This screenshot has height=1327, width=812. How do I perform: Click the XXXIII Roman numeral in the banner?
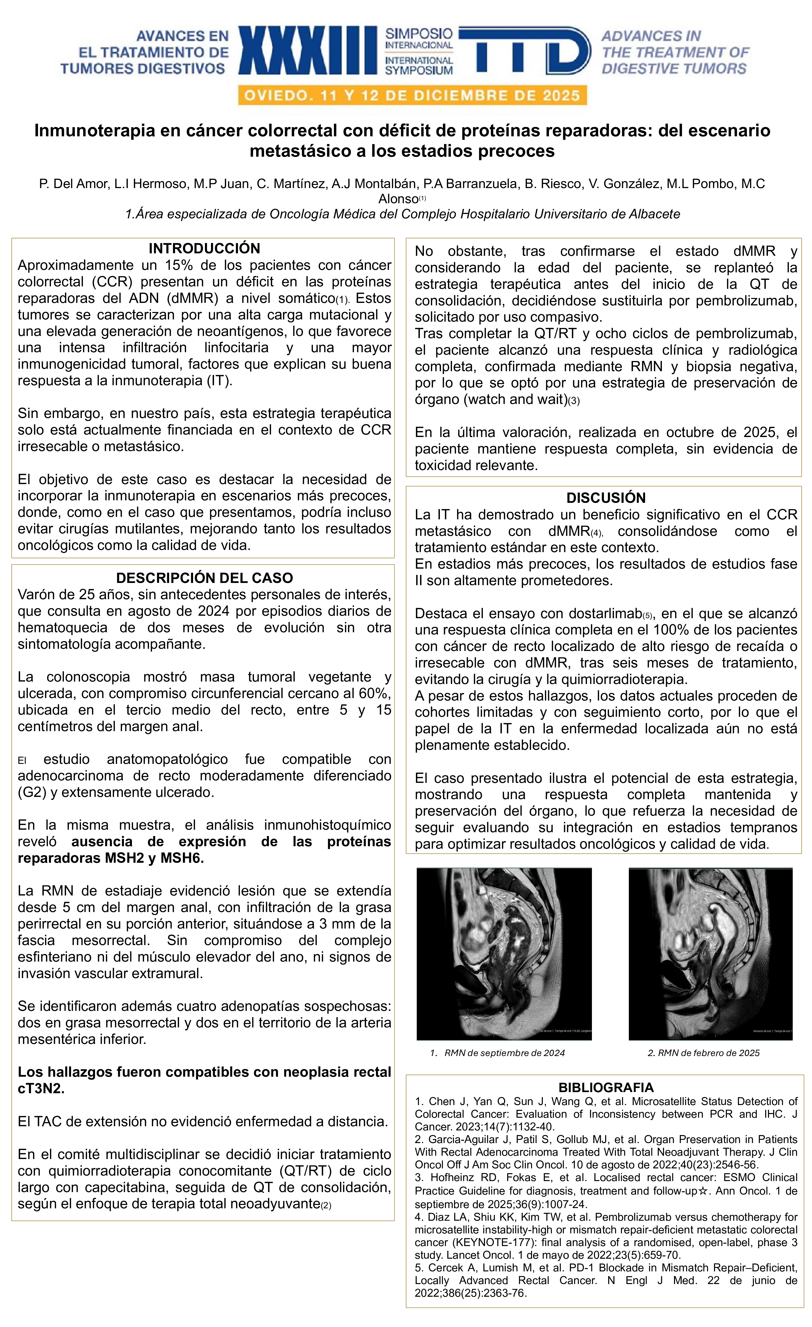click(x=308, y=51)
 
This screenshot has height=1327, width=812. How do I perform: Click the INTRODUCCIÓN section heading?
click(x=204, y=248)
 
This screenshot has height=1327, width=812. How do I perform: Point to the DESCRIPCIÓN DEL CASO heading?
click(x=204, y=578)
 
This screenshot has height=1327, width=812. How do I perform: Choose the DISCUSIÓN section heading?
click(x=606, y=498)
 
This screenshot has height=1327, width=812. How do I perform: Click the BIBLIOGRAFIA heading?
click(x=606, y=1087)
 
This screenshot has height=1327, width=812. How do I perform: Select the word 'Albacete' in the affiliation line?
click(x=656, y=214)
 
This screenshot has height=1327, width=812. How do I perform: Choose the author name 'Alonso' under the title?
click(x=398, y=199)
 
